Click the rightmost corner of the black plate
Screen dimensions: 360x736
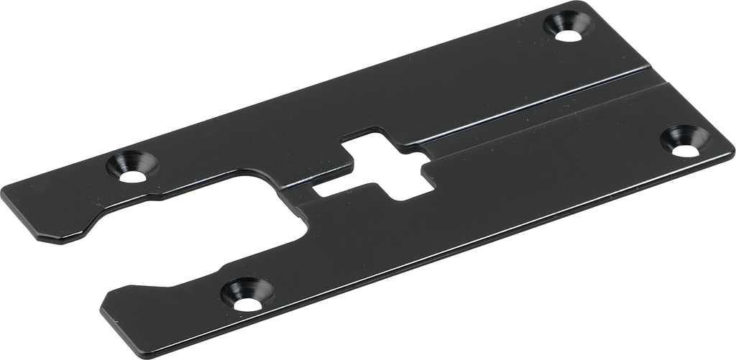click(732, 151)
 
